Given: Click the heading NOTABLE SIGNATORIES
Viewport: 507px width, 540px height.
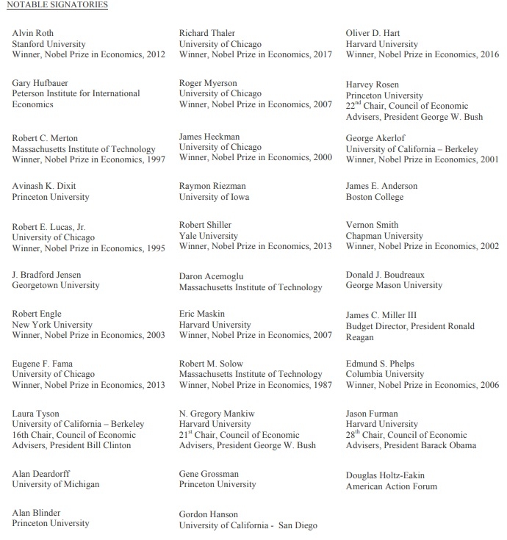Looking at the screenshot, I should (x=57, y=5).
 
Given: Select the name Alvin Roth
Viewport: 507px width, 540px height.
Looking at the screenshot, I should (x=33, y=33).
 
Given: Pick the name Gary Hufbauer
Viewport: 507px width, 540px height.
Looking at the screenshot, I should (x=40, y=83).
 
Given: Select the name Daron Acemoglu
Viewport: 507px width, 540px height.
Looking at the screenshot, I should (x=212, y=277).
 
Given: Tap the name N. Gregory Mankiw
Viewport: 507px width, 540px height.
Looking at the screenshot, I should (x=217, y=414).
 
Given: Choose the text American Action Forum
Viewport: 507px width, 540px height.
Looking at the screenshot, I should (x=392, y=486).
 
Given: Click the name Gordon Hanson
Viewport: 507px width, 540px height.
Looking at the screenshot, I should (x=209, y=514).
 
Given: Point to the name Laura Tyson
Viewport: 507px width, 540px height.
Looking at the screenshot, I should (x=36, y=414).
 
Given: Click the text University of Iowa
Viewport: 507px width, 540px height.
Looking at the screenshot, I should (x=214, y=197).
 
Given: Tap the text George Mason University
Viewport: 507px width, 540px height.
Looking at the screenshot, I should (x=394, y=285).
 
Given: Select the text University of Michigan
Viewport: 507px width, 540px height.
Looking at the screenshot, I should (x=56, y=484).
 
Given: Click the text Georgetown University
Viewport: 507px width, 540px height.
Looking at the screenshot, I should (x=56, y=285).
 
